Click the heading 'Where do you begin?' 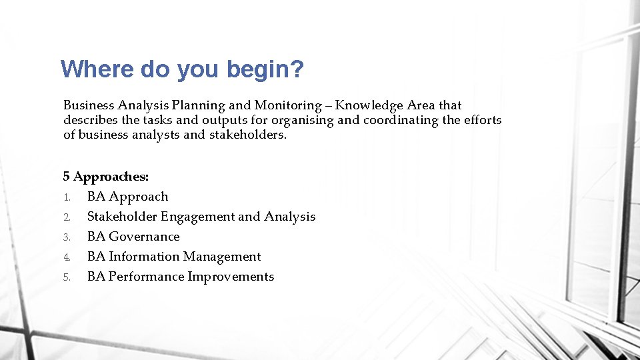182,69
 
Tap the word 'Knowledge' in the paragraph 369,105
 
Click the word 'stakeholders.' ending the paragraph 248,135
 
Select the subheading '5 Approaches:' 106,177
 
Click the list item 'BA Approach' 127,197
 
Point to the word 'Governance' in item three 144,237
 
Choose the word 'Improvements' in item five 231,277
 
